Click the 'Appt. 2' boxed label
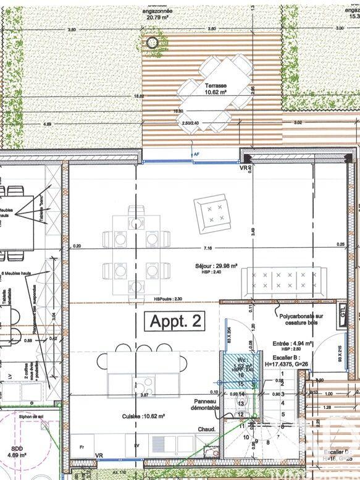[174, 321]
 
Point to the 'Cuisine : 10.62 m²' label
[143, 416]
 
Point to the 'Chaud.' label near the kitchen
[206, 429]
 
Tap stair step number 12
[241, 414]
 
